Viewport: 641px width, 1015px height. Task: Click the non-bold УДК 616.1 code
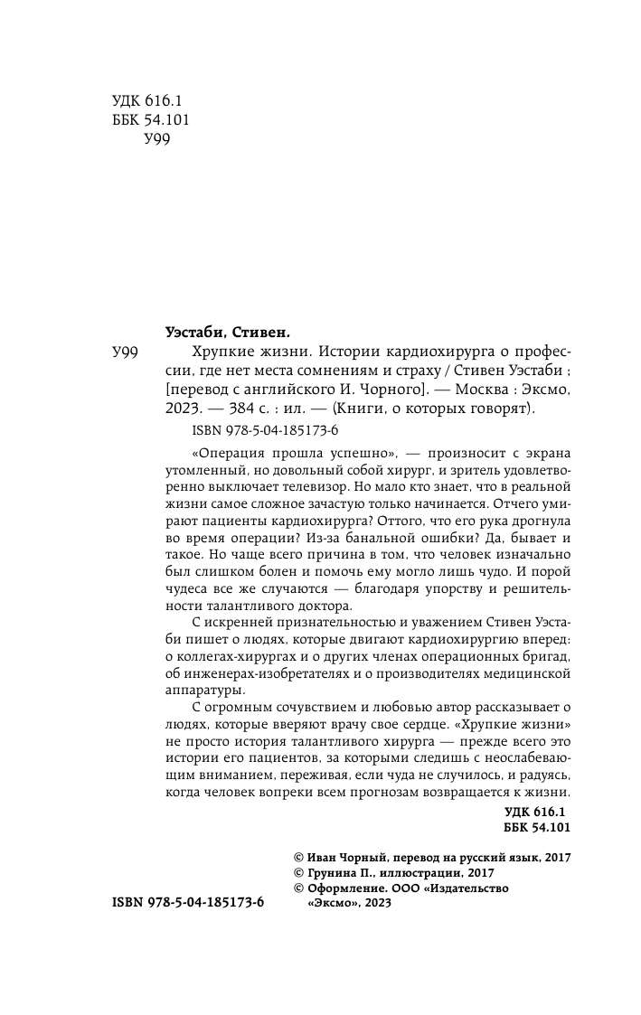click(x=144, y=105)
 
